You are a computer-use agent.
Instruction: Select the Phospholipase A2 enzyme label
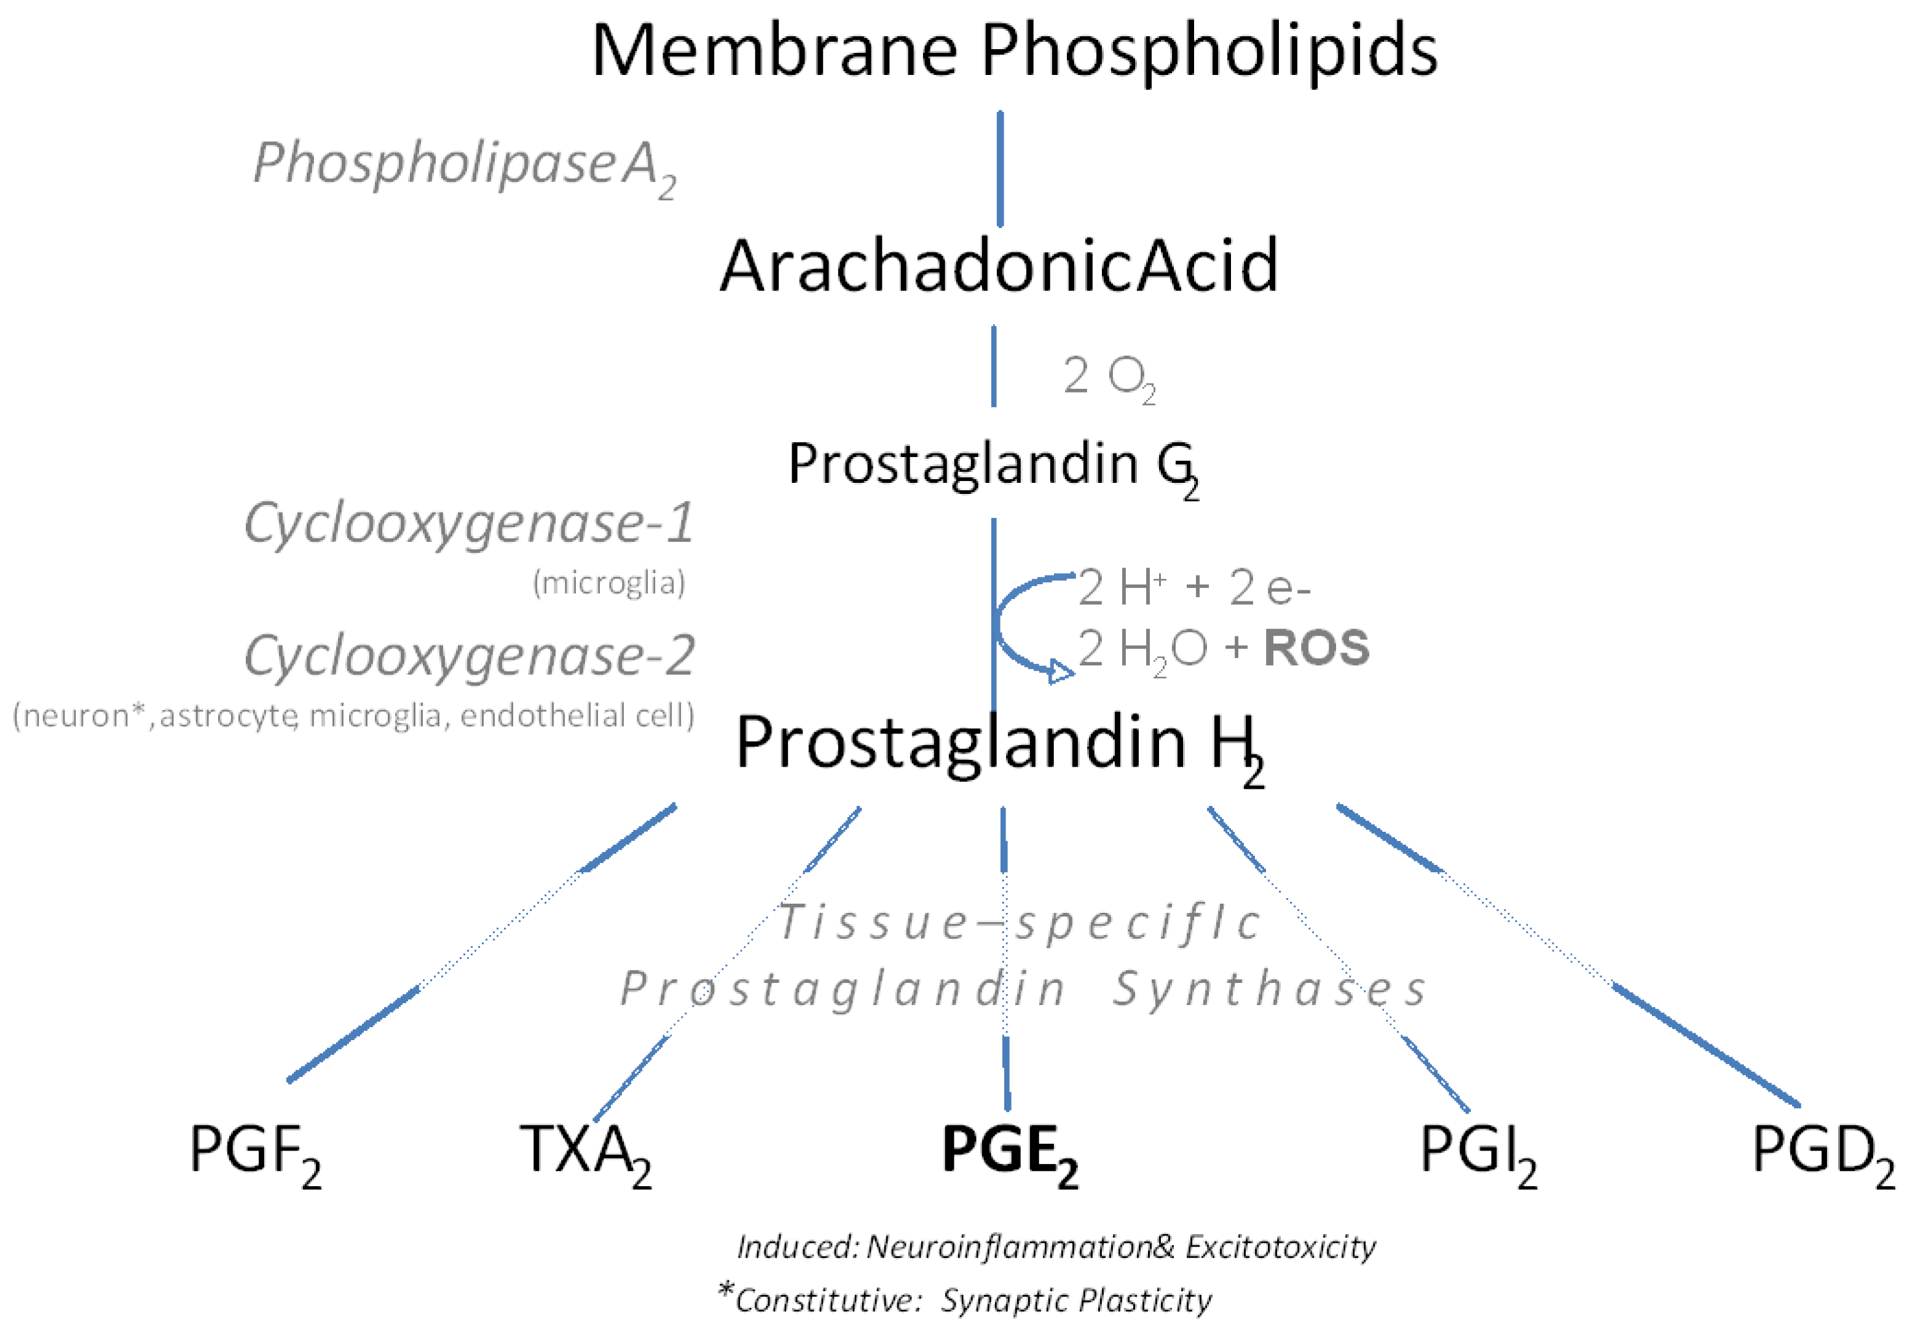464,166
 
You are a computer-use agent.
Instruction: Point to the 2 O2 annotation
1109,378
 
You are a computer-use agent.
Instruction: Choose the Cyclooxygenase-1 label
469,523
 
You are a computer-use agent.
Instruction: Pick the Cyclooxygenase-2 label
469,656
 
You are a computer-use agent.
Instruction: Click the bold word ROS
1316,647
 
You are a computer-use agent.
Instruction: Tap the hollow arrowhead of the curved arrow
1060,672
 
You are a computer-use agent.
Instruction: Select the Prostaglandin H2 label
998,745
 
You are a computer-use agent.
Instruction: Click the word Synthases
1268,990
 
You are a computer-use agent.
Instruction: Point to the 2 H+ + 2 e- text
1193,588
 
